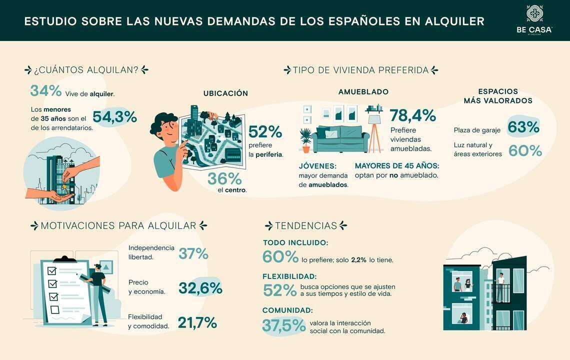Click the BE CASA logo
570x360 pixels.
534,20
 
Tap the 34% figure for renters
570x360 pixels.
45,91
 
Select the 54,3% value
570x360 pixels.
114,116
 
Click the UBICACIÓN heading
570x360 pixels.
225,93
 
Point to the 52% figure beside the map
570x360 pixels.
265,132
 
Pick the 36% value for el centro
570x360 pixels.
224,178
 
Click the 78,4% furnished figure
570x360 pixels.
412,115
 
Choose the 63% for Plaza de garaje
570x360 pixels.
523,127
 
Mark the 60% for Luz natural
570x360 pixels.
525,150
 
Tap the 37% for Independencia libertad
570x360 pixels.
193,254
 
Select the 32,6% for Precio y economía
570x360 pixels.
200,288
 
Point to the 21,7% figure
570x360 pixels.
197,323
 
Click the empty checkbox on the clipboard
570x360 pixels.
54,309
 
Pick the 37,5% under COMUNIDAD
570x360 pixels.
283,325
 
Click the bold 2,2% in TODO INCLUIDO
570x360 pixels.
358,260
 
